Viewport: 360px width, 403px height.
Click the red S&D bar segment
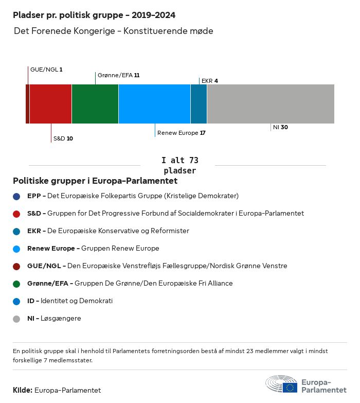50,104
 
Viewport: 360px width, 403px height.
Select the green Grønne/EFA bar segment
95,104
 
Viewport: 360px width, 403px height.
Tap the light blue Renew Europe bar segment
154,104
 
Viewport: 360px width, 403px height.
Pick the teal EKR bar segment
199,104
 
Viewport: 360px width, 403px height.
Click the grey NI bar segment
271,104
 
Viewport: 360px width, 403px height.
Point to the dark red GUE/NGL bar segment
27,104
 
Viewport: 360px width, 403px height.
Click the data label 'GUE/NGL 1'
46,69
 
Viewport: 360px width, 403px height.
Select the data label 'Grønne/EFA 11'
118,75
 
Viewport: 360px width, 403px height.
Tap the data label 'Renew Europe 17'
182,133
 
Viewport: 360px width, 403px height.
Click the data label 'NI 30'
280,127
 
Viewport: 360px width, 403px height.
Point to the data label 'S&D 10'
63,138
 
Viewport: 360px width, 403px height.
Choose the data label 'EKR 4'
210,81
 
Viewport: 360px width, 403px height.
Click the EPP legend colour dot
17,196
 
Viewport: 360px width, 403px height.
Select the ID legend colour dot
17,301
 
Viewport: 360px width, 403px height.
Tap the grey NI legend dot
17,319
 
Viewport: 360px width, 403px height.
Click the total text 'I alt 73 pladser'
179,166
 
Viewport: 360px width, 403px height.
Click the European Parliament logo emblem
281,384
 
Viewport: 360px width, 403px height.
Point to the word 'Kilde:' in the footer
23,390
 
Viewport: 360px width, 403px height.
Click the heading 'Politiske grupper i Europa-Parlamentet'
95,181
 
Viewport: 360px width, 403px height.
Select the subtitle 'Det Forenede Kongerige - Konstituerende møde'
114,31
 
